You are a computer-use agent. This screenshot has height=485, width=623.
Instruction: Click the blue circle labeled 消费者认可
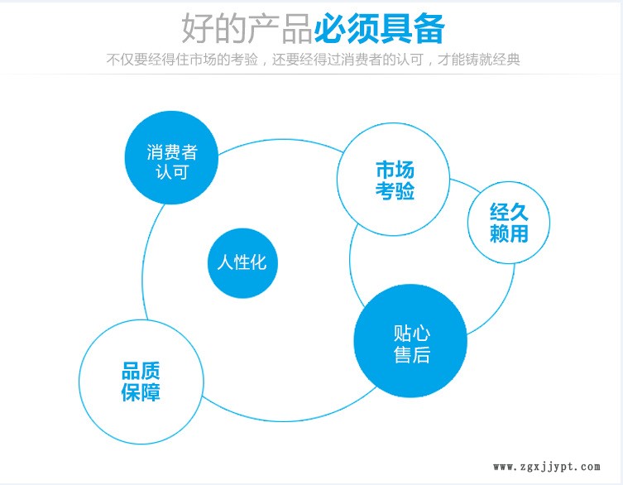click(171, 157)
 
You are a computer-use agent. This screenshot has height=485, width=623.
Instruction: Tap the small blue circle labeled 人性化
click(242, 262)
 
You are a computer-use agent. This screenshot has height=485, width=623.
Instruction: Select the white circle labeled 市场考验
click(393, 180)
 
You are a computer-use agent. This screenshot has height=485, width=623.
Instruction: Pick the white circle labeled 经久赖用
click(509, 223)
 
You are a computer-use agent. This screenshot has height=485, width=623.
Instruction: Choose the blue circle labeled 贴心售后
click(410, 341)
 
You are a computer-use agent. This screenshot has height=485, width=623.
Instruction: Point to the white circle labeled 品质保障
click(141, 382)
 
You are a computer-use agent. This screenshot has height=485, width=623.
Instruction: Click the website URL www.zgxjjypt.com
click(547, 467)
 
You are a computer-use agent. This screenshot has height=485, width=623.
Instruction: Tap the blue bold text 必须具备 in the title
click(380, 29)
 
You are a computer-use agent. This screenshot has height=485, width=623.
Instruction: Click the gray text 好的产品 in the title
click(247, 29)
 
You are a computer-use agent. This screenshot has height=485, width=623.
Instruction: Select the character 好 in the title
click(198, 29)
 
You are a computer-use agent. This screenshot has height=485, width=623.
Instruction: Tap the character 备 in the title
click(429, 29)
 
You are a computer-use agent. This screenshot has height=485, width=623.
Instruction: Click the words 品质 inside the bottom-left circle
click(141, 371)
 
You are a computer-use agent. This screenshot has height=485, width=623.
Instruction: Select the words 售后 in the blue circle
click(412, 354)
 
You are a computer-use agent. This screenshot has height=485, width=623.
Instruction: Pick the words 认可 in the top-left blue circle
click(171, 172)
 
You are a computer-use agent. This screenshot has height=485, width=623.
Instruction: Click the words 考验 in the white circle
click(395, 190)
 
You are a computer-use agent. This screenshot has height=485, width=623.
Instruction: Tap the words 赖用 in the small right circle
click(509, 233)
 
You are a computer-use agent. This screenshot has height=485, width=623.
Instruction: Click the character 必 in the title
click(331, 29)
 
